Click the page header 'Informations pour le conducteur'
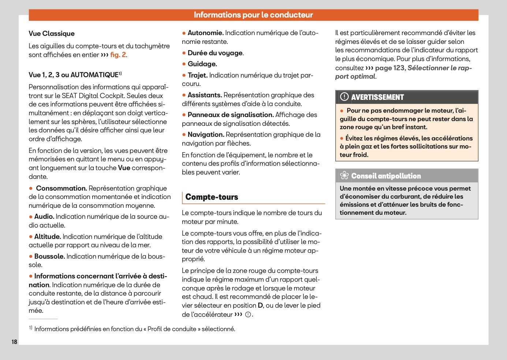253,15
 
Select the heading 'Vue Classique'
52,34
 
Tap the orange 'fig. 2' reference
118,55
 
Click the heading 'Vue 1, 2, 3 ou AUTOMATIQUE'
73,75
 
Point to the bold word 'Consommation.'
61,188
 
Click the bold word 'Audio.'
44,217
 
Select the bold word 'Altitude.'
48,237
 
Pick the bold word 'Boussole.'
49,256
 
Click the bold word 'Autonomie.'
205,33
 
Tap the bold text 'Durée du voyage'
215,53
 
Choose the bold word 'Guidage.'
202,64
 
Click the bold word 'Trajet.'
197,75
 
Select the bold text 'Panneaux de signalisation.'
231,115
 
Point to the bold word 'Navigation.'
206,135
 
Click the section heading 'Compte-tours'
212,197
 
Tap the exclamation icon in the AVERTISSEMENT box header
344,97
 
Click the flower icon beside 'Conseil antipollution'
344,176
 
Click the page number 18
14,342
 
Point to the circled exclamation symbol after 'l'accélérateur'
248,315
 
